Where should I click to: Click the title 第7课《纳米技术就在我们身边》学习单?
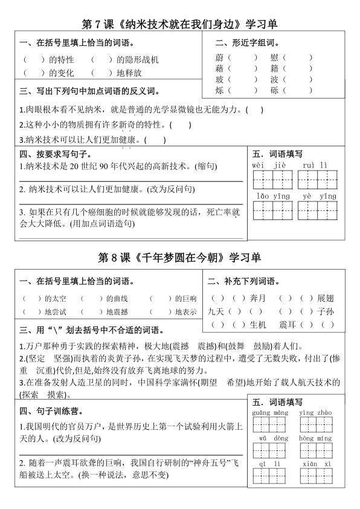point(179,24)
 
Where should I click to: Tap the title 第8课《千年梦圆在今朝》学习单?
point(179,258)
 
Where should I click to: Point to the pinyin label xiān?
point(309,464)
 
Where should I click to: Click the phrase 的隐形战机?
point(138,60)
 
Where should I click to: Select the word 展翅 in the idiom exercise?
point(325,298)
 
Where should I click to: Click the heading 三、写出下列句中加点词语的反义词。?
point(89,91)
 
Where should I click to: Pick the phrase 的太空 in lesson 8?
point(56,299)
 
